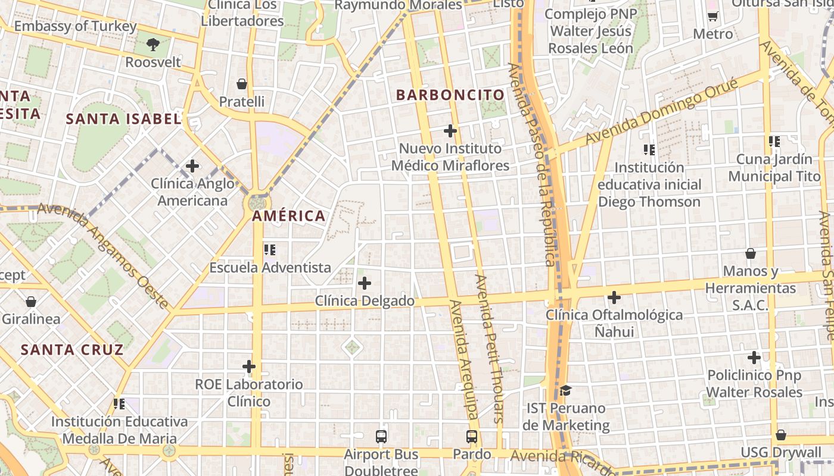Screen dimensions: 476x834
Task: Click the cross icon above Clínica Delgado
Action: (x=365, y=283)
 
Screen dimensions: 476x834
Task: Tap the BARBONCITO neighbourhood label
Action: (x=450, y=95)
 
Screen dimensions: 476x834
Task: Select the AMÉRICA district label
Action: (x=289, y=216)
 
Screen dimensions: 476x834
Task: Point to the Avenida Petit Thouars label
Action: (x=490, y=349)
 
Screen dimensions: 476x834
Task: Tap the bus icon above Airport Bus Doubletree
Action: (x=381, y=437)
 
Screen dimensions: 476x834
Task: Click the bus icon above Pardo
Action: (x=472, y=437)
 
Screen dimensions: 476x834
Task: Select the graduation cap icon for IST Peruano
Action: (x=565, y=391)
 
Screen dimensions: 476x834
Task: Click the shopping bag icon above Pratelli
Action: (x=242, y=84)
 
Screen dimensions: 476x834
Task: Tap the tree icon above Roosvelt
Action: (x=153, y=44)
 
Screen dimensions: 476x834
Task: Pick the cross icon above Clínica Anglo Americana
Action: (x=192, y=166)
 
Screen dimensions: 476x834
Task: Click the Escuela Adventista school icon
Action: (x=270, y=250)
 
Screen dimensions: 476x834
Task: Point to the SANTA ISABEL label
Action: (x=123, y=119)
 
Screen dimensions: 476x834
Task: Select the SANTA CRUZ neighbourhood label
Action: (x=72, y=349)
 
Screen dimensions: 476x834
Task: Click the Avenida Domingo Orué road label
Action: (x=662, y=111)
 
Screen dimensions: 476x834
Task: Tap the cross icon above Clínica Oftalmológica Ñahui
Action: (x=614, y=297)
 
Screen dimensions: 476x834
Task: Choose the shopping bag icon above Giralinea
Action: (x=31, y=301)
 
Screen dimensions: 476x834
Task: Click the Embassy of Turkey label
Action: (x=75, y=27)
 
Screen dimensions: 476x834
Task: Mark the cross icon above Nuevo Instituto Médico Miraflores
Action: (x=450, y=131)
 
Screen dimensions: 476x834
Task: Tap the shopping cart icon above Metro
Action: (x=712, y=16)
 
